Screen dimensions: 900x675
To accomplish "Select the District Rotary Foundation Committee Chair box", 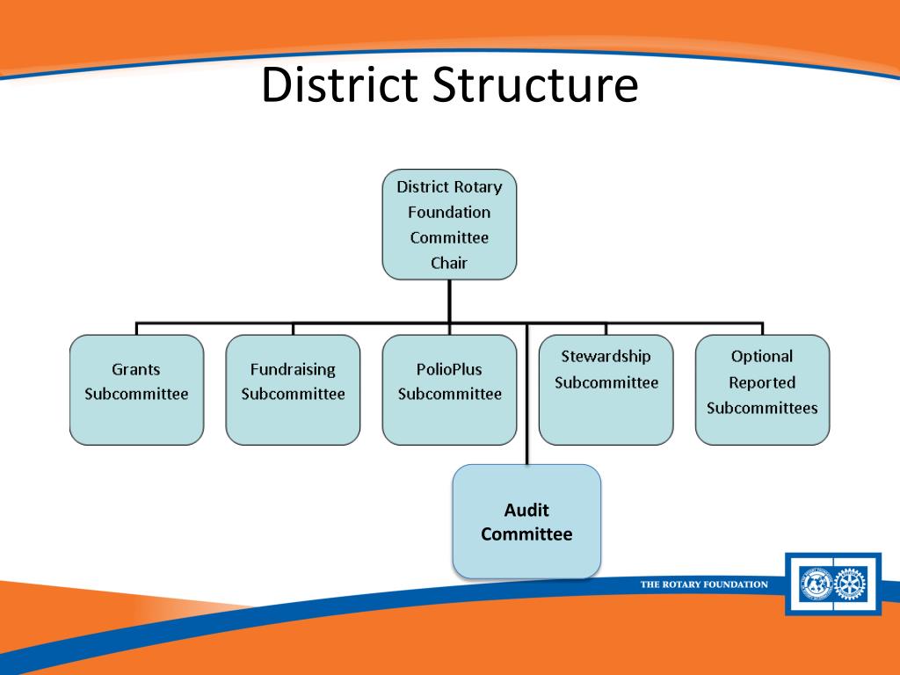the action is click(x=449, y=224).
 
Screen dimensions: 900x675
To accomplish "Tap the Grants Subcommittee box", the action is click(x=136, y=389).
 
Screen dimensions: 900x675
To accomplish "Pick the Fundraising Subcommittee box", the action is click(x=293, y=389).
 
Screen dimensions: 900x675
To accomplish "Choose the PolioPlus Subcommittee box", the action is click(x=449, y=389).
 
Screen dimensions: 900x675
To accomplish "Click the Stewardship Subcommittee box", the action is click(x=606, y=389).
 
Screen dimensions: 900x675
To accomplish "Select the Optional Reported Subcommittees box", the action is click(x=762, y=389).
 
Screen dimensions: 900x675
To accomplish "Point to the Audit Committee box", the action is click(x=526, y=520).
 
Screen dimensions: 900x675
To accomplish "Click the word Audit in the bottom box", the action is click(x=526, y=511).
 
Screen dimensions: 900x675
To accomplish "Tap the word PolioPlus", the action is click(x=449, y=369).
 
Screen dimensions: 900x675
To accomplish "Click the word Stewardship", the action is click(x=606, y=357).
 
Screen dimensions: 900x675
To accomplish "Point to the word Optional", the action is click(x=762, y=356).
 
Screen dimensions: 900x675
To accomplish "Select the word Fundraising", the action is click(x=293, y=369).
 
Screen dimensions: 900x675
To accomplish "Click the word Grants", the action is click(x=136, y=369).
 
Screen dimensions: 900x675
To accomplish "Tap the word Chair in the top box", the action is click(x=449, y=263).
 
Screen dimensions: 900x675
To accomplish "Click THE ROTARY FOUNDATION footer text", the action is click(x=703, y=584).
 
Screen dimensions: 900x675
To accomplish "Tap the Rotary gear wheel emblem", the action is click(x=850, y=584).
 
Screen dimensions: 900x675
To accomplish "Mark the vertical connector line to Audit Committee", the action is click(x=526, y=396).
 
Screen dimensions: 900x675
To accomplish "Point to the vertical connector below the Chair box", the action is click(x=449, y=301).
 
